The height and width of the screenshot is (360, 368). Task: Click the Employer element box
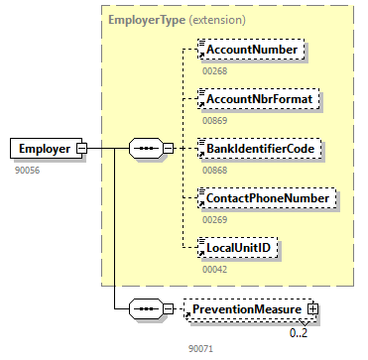[x=46, y=148]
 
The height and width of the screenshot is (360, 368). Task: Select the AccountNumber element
[x=251, y=50]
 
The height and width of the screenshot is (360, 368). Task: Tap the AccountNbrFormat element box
[x=258, y=98]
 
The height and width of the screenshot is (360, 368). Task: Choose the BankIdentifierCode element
[x=260, y=148]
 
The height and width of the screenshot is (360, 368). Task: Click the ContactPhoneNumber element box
[x=267, y=198]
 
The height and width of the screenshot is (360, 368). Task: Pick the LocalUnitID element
[x=237, y=247]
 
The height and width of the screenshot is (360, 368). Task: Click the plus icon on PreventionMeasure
[x=312, y=309]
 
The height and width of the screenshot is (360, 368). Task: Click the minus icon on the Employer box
[x=81, y=148]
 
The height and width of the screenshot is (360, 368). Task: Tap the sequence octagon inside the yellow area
[x=146, y=148]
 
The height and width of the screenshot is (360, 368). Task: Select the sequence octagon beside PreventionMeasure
[x=146, y=309]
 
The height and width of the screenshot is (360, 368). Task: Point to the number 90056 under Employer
[x=28, y=171]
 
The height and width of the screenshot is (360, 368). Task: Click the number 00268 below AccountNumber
[x=215, y=71]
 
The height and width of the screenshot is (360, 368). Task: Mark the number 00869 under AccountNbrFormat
[x=215, y=120]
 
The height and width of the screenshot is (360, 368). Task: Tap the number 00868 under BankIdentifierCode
[x=215, y=170]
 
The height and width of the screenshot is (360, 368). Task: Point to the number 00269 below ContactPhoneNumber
[x=215, y=219]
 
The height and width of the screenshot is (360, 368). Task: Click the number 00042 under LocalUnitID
[x=215, y=269]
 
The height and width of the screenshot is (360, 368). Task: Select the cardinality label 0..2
[x=299, y=333]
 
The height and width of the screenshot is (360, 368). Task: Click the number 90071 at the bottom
[x=201, y=348]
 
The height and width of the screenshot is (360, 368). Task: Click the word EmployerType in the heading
[x=147, y=20]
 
